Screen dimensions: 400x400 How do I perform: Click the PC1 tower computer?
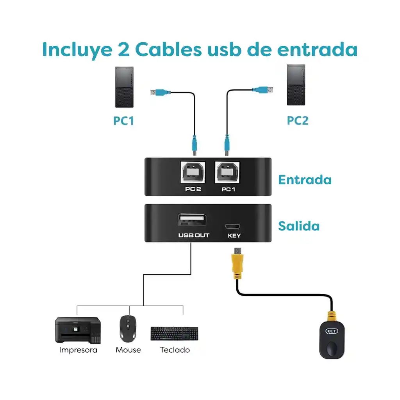point(124,87)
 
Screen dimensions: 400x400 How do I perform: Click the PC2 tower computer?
point(296,85)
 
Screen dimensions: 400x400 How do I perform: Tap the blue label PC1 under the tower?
point(124,120)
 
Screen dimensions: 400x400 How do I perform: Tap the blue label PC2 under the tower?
point(298,120)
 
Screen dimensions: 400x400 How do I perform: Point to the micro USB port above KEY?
point(233,226)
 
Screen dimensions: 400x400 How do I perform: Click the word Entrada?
point(305,180)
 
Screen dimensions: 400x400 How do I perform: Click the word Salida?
point(299,226)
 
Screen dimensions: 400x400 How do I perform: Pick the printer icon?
point(78,330)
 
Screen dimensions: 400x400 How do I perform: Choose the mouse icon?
point(128,328)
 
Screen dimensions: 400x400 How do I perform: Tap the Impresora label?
point(78,350)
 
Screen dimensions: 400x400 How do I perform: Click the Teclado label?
point(175,350)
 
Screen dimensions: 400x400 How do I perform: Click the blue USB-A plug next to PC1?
point(161,93)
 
